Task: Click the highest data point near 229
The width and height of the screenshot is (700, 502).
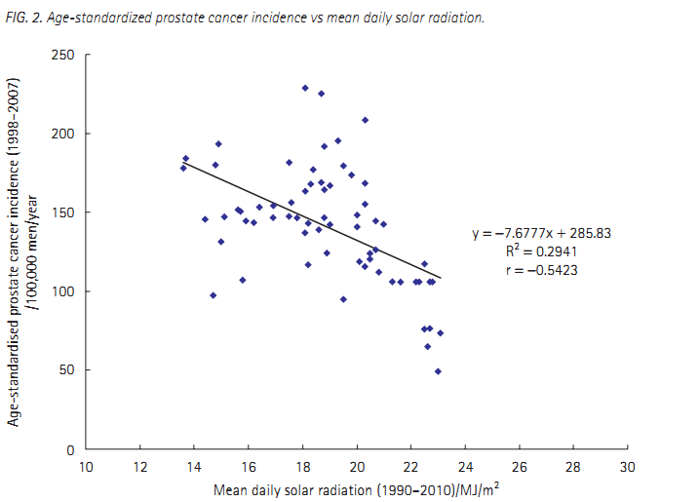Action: coord(305,88)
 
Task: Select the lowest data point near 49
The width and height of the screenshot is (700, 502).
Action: coord(438,371)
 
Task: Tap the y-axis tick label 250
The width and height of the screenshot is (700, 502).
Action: coord(66,55)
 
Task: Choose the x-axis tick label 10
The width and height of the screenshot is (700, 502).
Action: coord(86,466)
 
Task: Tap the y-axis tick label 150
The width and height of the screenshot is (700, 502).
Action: coord(66,212)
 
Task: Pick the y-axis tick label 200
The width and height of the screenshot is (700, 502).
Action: coord(66,134)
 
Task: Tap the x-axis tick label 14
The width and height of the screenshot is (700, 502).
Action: coord(194,466)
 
